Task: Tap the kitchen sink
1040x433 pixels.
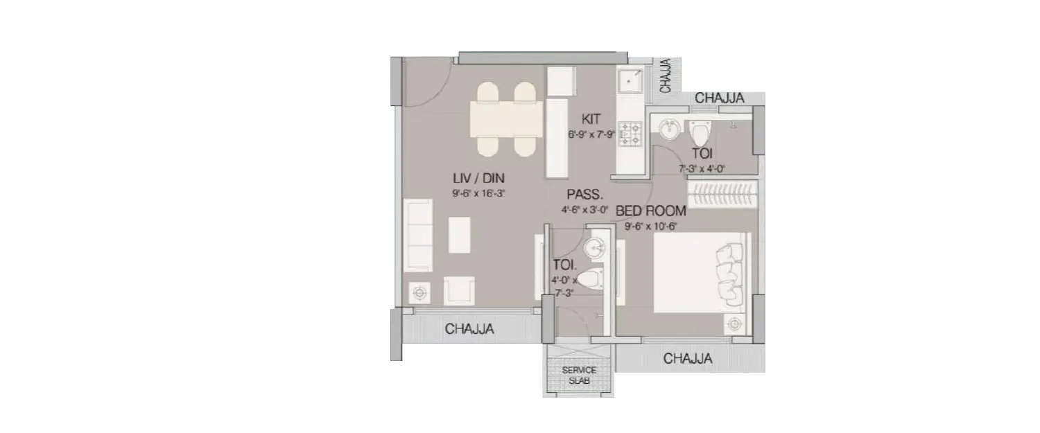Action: click(630, 82)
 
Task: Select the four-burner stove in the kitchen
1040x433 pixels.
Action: click(630, 134)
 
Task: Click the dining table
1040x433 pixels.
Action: click(506, 120)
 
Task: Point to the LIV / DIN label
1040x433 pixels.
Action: click(478, 179)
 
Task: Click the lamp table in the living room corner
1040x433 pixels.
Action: click(418, 294)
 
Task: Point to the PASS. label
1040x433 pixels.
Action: click(584, 194)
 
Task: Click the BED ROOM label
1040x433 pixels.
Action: click(651, 211)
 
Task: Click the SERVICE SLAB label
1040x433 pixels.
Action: click(579, 375)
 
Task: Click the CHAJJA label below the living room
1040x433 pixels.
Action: click(469, 329)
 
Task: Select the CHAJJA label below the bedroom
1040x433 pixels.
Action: click(687, 358)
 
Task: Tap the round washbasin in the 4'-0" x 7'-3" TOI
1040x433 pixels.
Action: click(593, 248)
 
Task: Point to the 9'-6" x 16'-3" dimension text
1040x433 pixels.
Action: click(478, 194)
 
